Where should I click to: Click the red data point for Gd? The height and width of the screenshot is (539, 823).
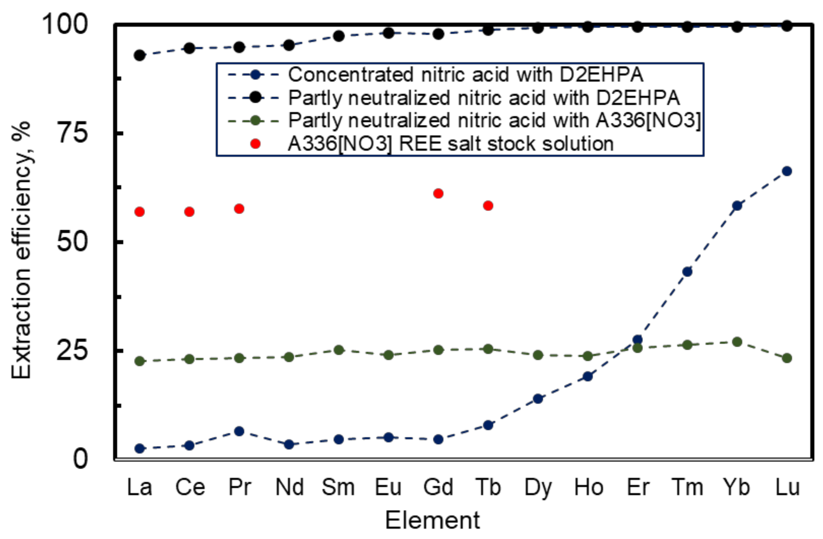[438, 194]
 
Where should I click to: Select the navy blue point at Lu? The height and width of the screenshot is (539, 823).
[787, 171]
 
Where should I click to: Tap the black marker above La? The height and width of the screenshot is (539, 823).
[139, 55]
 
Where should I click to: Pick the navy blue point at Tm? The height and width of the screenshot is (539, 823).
[687, 272]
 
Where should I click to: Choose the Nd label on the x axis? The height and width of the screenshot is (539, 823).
[289, 487]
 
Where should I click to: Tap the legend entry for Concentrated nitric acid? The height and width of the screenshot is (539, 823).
[466, 75]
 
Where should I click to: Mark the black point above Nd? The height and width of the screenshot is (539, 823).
[289, 45]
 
